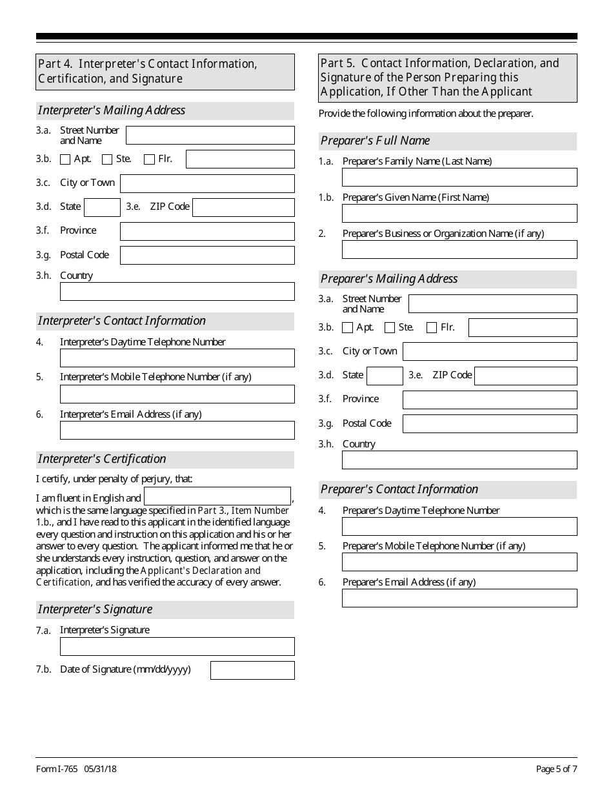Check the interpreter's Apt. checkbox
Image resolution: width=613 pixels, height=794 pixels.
(x=65, y=159)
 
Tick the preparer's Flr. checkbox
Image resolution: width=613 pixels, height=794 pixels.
(x=432, y=328)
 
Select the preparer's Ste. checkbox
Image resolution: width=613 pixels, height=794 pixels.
(x=390, y=328)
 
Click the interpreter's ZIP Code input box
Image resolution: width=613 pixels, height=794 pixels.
(x=243, y=207)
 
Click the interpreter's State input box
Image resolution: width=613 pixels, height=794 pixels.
(x=102, y=207)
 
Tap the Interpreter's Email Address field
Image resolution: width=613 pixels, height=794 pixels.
(x=177, y=431)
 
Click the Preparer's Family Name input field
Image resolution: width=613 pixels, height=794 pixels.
(x=459, y=178)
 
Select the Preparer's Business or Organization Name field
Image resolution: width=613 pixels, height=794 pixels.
(x=459, y=250)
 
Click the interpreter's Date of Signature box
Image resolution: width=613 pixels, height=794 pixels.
(x=252, y=670)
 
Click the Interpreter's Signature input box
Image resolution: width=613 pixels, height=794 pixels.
(x=177, y=647)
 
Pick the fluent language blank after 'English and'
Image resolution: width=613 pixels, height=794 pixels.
(x=217, y=496)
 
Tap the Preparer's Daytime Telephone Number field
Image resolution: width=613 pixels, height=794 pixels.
(x=459, y=527)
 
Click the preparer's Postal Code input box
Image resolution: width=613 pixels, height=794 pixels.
(x=490, y=423)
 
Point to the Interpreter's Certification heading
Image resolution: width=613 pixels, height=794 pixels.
(x=102, y=459)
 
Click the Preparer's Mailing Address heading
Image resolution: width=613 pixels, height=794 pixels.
(x=389, y=279)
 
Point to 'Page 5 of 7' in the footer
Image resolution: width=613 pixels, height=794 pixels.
(x=556, y=769)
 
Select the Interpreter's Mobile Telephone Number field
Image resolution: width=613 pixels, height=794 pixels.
(x=177, y=394)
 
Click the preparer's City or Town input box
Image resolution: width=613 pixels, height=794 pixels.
(x=490, y=351)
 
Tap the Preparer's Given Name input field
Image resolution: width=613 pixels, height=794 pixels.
(x=459, y=214)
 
